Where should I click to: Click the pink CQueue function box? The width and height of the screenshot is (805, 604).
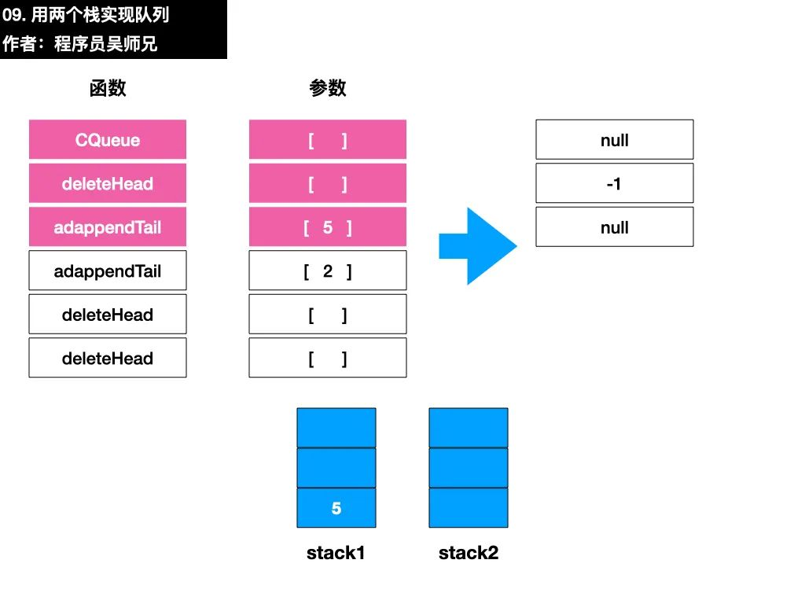[x=107, y=139]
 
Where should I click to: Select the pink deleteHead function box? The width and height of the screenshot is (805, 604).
[x=107, y=182]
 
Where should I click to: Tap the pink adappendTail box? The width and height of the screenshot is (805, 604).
[x=107, y=226]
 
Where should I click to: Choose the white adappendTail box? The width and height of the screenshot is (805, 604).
[x=107, y=271]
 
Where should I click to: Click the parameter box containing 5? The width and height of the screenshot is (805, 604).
[x=328, y=226]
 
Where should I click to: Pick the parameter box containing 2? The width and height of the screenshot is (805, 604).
[x=328, y=271]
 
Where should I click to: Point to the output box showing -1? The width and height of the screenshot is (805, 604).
[x=615, y=182]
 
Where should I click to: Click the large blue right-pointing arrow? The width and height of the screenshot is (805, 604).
[x=478, y=246]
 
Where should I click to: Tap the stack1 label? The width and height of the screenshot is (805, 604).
[x=336, y=553]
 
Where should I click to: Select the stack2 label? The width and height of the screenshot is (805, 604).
[x=469, y=553]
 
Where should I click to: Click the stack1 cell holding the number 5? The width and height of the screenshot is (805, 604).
[x=336, y=507]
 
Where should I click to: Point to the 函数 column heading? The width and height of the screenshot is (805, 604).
[x=107, y=88]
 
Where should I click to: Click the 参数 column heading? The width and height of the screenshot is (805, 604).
[x=328, y=88]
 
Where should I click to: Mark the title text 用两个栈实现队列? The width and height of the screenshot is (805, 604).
[x=100, y=14]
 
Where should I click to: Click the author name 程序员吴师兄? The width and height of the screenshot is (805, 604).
[x=106, y=44]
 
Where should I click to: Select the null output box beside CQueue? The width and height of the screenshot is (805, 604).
[x=615, y=139]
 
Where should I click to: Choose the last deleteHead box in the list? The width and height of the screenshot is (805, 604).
[x=107, y=358]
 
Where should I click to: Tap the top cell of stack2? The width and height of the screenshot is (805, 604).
[x=469, y=428]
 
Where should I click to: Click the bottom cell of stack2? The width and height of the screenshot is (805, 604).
[x=469, y=507]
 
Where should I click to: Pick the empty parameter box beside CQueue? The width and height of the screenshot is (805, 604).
[x=328, y=139]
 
